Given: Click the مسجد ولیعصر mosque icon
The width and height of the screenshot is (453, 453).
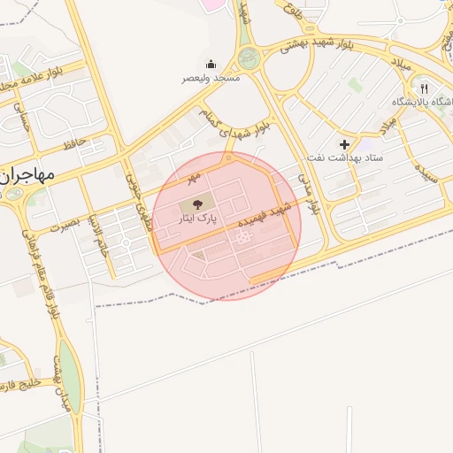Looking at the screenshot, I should coord(211,64).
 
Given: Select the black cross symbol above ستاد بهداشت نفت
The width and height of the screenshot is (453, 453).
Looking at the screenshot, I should coord(344,143).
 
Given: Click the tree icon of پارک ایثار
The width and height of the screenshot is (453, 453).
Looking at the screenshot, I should coord(196,204).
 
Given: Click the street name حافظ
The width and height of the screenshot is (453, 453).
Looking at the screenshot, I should coord(73,142).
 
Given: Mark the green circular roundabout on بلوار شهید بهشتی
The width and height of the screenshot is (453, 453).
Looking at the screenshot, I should coord(250,58).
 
